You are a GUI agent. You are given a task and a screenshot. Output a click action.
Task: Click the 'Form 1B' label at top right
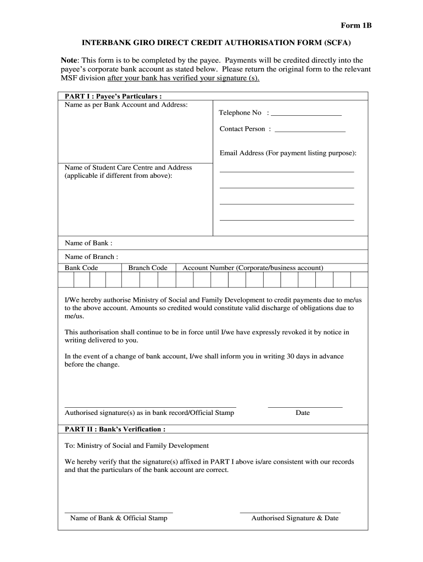click(x=357, y=25)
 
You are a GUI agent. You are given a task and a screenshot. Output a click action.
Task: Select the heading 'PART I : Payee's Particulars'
click(x=113, y=96)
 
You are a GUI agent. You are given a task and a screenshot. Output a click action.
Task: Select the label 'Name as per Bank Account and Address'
click(x=126, y=104)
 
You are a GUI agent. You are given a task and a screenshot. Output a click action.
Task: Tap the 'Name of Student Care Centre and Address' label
click(x=128, y=167)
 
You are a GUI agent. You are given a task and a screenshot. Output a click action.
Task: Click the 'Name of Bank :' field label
click(x=88, y=243)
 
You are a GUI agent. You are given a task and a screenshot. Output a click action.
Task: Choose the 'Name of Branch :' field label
click(x=91, y=256)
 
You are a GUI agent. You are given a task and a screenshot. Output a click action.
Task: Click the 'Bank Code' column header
click(x=81, y=268)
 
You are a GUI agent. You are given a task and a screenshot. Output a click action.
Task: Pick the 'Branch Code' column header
click(x=148, y=268)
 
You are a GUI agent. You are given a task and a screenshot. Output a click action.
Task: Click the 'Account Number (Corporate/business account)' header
click(x=253, y=268)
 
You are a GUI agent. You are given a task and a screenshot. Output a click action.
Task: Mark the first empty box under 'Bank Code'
click(x=66, y=280)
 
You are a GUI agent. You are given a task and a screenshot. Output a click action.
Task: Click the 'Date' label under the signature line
click(x=302, y=413)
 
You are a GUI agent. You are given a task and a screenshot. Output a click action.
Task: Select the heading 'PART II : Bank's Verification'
click(x=115, y=429)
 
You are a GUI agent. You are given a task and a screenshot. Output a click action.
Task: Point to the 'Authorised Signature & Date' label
click(x=294, y=518)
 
